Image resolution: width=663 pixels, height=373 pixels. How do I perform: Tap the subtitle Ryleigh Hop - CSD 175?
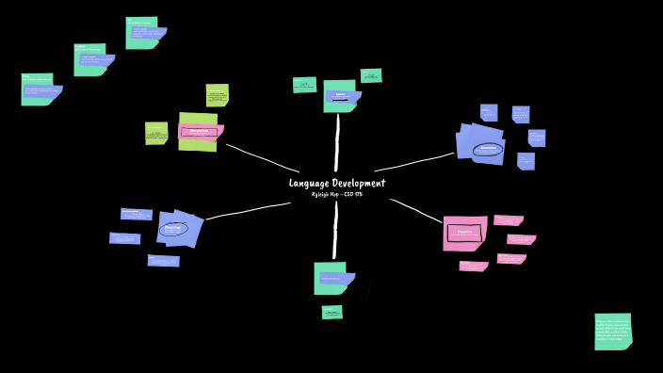(x=336, y=194)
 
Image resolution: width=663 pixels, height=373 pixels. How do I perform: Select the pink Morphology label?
(x=199, y=131)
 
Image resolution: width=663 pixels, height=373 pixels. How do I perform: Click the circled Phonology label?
(x=173, y=228)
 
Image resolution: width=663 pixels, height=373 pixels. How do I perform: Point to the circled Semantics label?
(x=487, y=149)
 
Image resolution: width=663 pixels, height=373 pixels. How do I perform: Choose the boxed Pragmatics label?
(x=463, y=232)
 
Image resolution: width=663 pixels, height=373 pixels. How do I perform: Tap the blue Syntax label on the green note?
(x=340, y=95)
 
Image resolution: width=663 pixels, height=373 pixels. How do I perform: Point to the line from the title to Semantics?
(x=414, y=162)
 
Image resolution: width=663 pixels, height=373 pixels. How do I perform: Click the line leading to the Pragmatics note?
(x=415, y=210)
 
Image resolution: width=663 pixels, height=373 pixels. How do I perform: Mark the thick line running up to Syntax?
(x=336, y=141)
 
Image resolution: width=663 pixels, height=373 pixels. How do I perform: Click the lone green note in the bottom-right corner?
(x=612, y=332)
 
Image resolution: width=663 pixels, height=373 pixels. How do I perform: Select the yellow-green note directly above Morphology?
(x=217, y=94)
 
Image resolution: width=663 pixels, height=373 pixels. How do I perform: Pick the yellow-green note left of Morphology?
(x=155, y=133)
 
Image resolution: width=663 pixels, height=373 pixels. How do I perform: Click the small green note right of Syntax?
(x=371, y=75)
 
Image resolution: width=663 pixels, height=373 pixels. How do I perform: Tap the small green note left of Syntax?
(x=304, y=85)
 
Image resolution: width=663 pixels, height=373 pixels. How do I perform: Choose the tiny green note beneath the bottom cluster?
(x=331, y=312)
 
